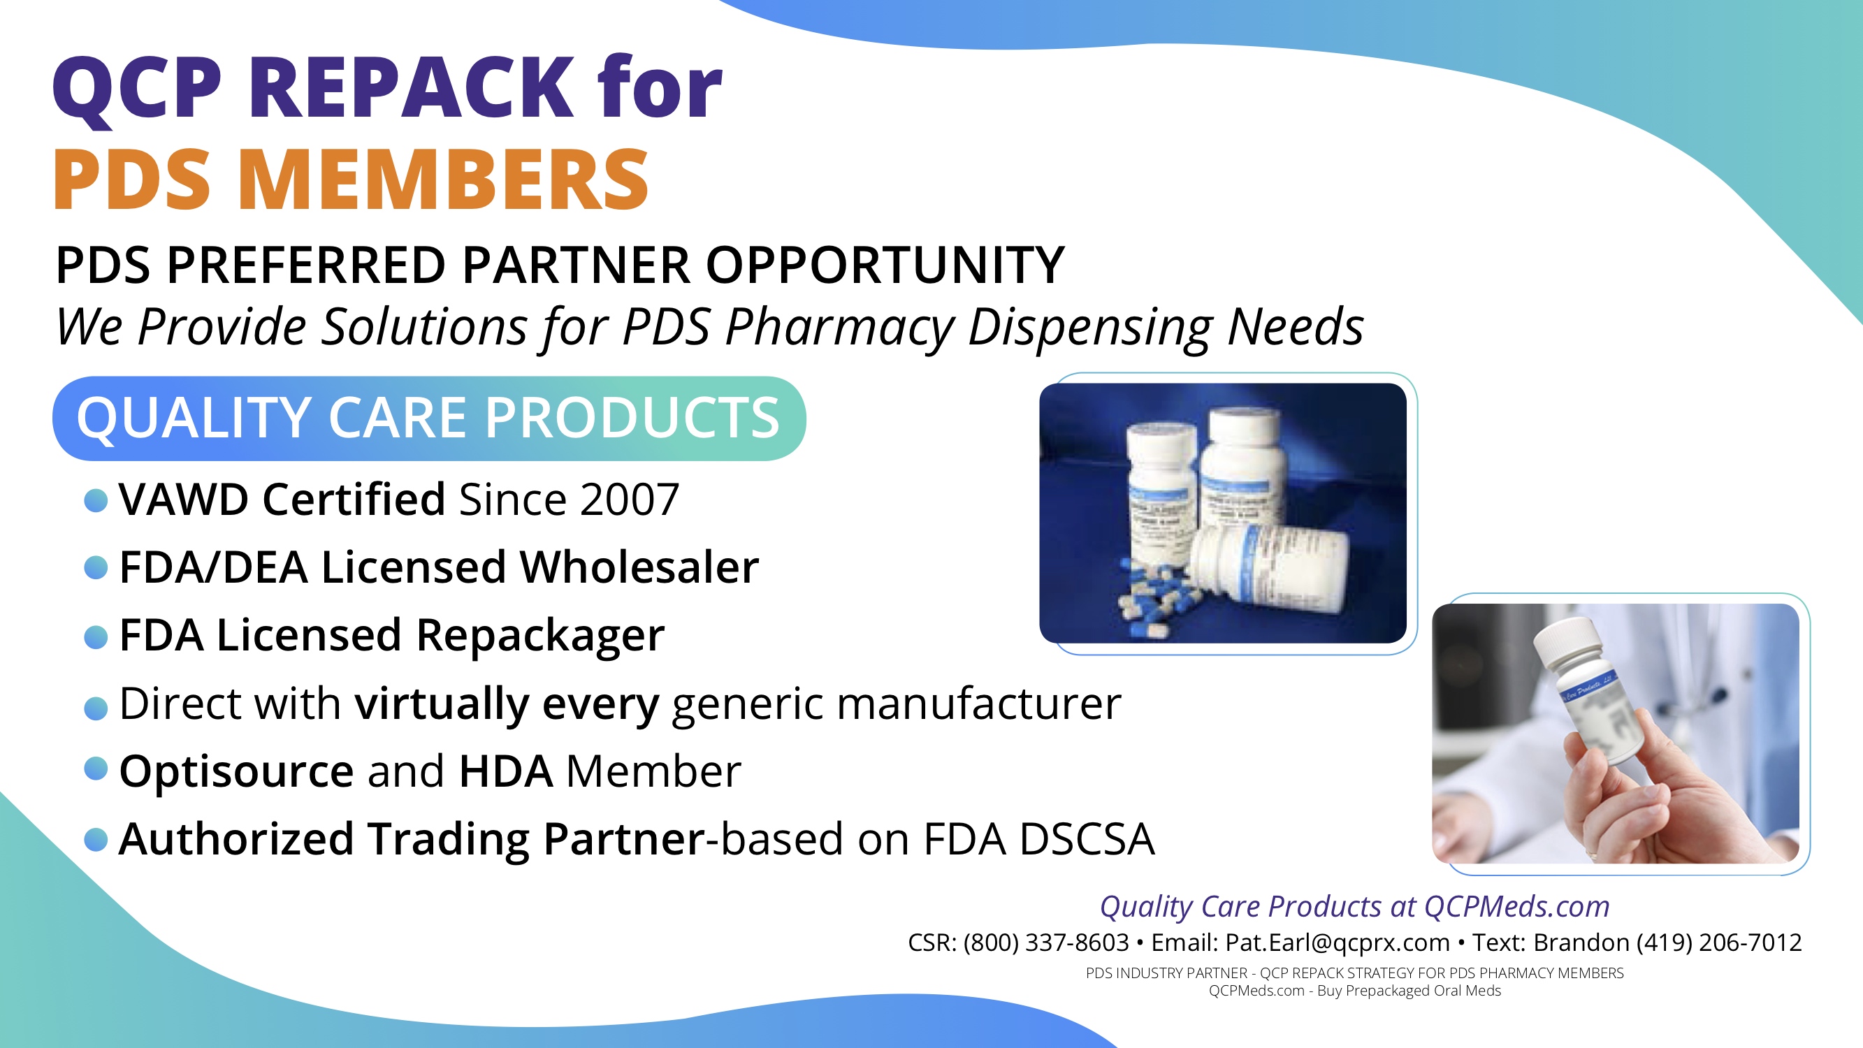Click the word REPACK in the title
point(411,88)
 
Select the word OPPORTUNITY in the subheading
point(885,265)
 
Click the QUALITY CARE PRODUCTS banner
point(429,418)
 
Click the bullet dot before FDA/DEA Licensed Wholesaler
point(96,568)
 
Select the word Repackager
point(540,636)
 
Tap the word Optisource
point(236,771)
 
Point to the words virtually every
point(507,704)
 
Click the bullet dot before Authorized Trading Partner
point(96,840)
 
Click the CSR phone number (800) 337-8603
point(1046,943)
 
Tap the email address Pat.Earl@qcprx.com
point(1338,943)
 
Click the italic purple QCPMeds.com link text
point(1516,906)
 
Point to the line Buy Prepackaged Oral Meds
point(1409,991)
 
